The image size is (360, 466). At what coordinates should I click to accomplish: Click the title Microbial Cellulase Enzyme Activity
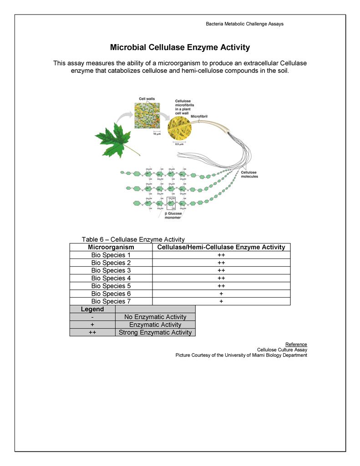(x=180, y=47)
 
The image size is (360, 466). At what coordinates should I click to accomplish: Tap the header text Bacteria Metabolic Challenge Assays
(x=244, y=24)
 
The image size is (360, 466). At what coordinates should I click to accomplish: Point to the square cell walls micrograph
(x=147, y=116)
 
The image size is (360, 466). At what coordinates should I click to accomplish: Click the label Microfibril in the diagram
(x=199, y=116)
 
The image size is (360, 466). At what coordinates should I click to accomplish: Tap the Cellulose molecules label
(x=249, y=174)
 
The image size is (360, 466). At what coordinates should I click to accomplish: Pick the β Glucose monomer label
(x=173, y=215)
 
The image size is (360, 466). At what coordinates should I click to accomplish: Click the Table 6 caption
(x=133, y=239)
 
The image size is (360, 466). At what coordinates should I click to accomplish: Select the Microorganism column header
(x=111, y=247)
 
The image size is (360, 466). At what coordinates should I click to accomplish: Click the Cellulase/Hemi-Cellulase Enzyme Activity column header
(x=221, y=247)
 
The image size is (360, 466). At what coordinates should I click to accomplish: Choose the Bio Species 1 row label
(x=111, y=255)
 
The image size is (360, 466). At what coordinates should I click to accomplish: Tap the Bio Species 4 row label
(x=111, y=278)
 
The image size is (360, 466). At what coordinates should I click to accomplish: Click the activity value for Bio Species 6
(x=221, y=294)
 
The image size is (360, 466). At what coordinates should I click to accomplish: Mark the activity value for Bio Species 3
(x=221, y=270)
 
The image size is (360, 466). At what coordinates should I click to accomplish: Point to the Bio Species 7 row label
(x=111, y=301)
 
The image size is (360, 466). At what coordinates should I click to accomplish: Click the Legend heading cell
(x=92, y=309)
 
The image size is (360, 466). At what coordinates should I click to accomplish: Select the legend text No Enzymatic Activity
(x=155, y=317)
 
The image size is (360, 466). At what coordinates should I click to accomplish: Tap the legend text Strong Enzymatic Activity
(x=155, y=332)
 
